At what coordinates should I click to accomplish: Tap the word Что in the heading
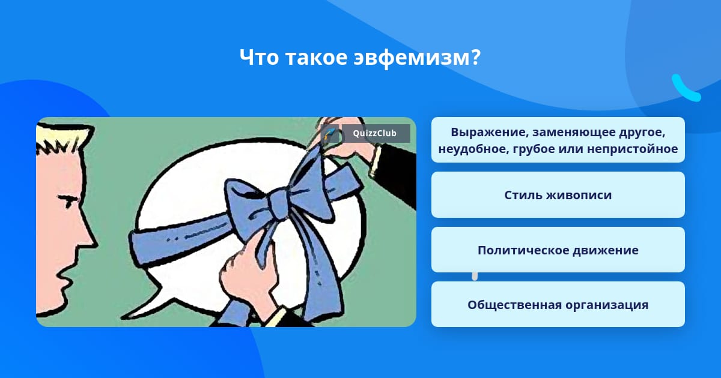(259, 57)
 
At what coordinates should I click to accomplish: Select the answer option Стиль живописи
(558, 195)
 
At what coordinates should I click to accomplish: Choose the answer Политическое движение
(558, 250)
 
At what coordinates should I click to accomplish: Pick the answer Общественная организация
(558, 304)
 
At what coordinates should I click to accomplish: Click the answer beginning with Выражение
(558, 140)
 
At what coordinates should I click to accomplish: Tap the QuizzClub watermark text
(374, 133)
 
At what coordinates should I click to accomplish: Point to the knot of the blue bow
(278, 203)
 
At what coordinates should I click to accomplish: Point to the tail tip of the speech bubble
(123, 318)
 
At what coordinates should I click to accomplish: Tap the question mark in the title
(475, 57)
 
